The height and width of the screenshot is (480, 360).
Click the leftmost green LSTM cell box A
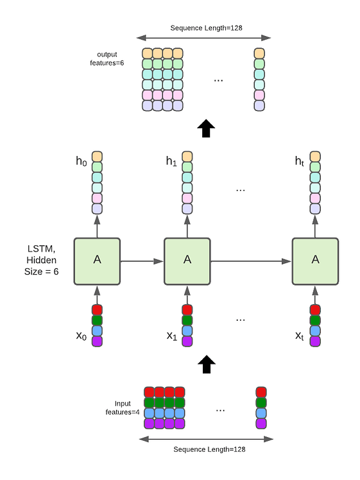click(x=97, y=261)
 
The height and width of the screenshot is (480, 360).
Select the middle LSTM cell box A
click(x=187, y=261)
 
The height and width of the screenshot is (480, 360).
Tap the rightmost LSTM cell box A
click(x=315, y=261)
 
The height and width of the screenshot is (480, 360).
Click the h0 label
click(x=81, y=162)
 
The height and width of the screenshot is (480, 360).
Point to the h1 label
click(x=171, y=162)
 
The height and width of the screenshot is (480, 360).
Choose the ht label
click(x=300, y=162)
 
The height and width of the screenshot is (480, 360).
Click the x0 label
click(x=81, y=336)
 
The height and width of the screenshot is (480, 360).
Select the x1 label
click(x=171, y=336)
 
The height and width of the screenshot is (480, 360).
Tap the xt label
click(x=300, y=336)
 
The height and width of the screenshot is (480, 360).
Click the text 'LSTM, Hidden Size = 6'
click(x=40, y=260)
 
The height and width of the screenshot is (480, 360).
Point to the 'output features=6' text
click(x=110, y=58)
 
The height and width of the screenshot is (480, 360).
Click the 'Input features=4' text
click(x=123, y=407)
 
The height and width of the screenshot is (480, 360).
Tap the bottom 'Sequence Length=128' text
click(x=205, y=449)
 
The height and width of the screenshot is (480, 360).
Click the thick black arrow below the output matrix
click(x=205, y=128)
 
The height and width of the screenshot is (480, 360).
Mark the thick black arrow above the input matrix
click(x=205, y=365)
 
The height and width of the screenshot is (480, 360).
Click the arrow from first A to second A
click(x=142, y=261)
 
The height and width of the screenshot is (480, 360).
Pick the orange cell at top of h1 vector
click(x=187, y=157)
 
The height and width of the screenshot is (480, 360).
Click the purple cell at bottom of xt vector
click(x=315, y=341)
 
